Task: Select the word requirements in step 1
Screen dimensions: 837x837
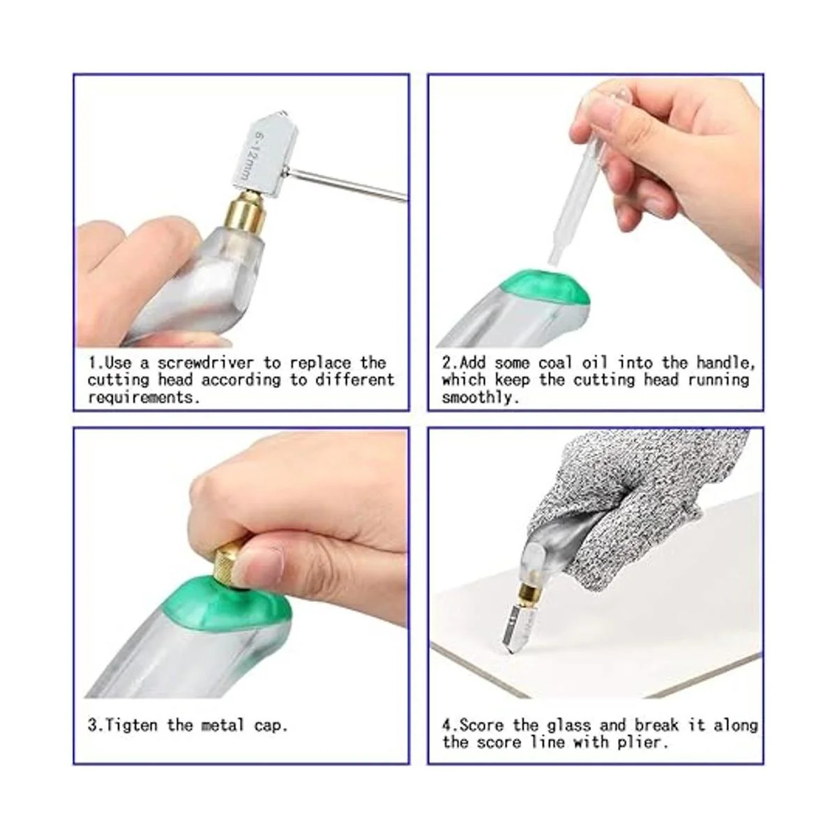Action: pos(144,398)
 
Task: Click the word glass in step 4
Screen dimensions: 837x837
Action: pos(568,725)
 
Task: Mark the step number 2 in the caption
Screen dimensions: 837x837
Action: pos(446,363)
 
